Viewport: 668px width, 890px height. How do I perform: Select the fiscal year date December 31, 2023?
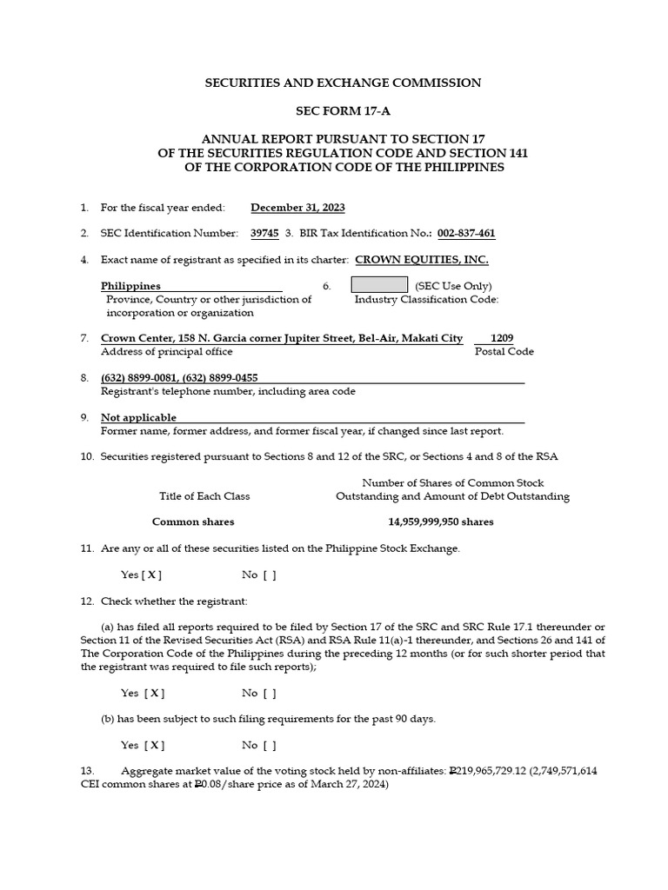click(x=297, y=208)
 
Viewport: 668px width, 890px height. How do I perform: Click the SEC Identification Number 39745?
click(x=265, y=234)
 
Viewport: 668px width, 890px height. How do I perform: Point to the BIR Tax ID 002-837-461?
click(x=466, y=234)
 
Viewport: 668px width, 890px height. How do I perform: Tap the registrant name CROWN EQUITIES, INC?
click(x=422, y=260)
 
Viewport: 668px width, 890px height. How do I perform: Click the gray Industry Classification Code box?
click(x=379, y=285)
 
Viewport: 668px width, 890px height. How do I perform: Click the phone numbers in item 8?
click(x=179, y=378)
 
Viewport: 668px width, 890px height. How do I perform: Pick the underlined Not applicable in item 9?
click(x=138, y=418)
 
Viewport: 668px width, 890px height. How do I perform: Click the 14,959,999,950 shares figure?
click(x=440, y=522)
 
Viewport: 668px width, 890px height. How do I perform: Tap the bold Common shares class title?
click(x=193, y=522)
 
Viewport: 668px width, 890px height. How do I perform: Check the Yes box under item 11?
click(x=152, y=575)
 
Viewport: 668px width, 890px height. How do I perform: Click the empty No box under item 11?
click(x=270, y=575)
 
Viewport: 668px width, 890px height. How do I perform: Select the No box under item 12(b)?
click(x=270, y=745)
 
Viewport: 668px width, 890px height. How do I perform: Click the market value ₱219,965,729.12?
click(x=498, y=771)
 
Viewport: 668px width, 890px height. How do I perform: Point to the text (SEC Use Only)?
click(x=453, y=286)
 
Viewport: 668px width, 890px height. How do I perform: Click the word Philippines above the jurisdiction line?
click(x=130, y=286)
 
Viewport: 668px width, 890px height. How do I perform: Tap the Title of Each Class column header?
click(x=204, y=496)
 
